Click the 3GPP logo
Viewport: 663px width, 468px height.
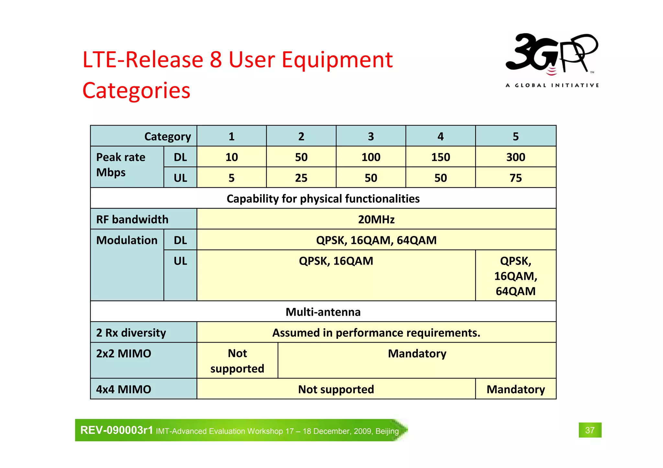click(552, 60)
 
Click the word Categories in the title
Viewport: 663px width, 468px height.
click(136, 90)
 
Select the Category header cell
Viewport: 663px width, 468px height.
click(167, 136)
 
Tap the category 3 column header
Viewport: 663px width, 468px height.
click(371, 136)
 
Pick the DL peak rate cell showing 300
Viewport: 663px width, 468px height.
click(515, 157)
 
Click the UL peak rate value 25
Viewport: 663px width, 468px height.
click(301, 178)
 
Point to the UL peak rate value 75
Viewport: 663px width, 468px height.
click(515, 178)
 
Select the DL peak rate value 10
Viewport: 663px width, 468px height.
click(231, 157)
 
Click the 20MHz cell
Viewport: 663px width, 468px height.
click(376, 219)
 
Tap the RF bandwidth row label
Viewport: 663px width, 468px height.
click(132, 219)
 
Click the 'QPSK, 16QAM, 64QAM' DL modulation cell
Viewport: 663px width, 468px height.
click(376, 240)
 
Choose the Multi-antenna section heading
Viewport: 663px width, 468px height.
click(323, 312)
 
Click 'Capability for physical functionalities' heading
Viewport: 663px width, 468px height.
click(323, 199)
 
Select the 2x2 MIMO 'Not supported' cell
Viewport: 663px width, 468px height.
click(237, 361)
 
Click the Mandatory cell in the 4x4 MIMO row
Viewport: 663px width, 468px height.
click(515, 389)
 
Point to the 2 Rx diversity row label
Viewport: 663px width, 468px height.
click(131, 332)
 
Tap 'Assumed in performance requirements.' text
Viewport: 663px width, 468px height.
click(376, 332)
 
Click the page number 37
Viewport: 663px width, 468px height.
click(590, 430)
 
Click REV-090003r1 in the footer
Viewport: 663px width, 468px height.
click(117, 430)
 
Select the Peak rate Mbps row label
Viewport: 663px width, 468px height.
click(120, 165)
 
